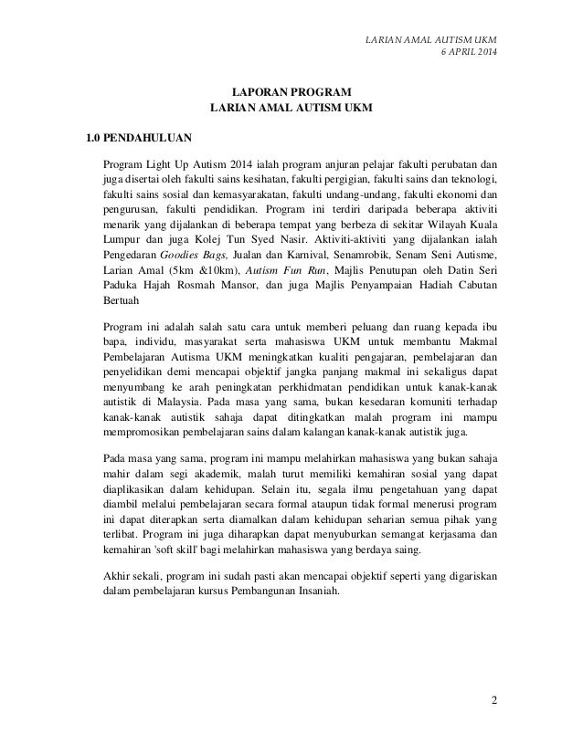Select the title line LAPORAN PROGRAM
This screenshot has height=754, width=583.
(291, 91)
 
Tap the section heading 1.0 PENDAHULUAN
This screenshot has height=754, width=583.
(132, 140)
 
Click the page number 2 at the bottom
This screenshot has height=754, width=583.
(494, 700)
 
